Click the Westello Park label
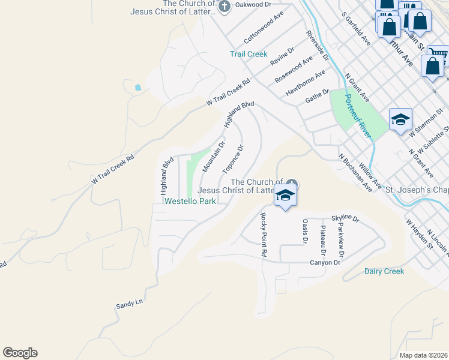coord(190,202)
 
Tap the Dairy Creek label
coord(384,271)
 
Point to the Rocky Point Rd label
coord(263,235)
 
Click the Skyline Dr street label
coord(345,220)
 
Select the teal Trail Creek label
coord(249,54)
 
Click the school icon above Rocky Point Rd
coord(285,196)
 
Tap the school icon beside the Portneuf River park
coord(400,120)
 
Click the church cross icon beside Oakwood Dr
coord(224,8)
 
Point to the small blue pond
coord(138,88)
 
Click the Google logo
coord(20,353)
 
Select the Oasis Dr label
coord(305,231)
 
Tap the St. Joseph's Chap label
coord(417,190)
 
